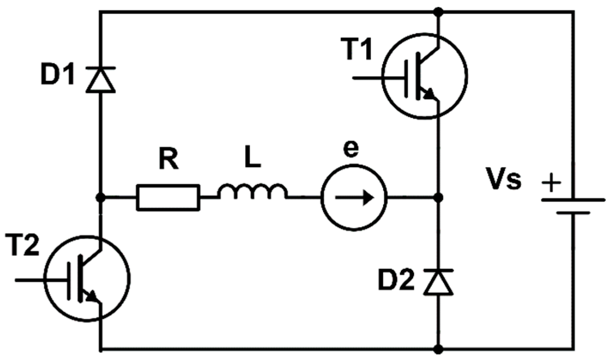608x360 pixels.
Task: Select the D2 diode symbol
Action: [x=438, y=282]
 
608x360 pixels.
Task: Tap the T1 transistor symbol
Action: [x=425, y=76]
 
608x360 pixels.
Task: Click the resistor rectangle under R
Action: [x=168, y=198]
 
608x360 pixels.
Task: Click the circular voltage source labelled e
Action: [x=354, y=198]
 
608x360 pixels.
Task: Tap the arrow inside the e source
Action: [x=355, y=198]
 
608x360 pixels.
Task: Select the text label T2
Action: [x=22, y=246]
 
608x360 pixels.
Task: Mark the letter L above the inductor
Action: [x=252, y=157]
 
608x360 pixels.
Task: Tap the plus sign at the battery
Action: [x=552, y=183]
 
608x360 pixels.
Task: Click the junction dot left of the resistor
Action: [x=100, y=198]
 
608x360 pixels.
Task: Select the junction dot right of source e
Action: [x=438, y=198]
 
